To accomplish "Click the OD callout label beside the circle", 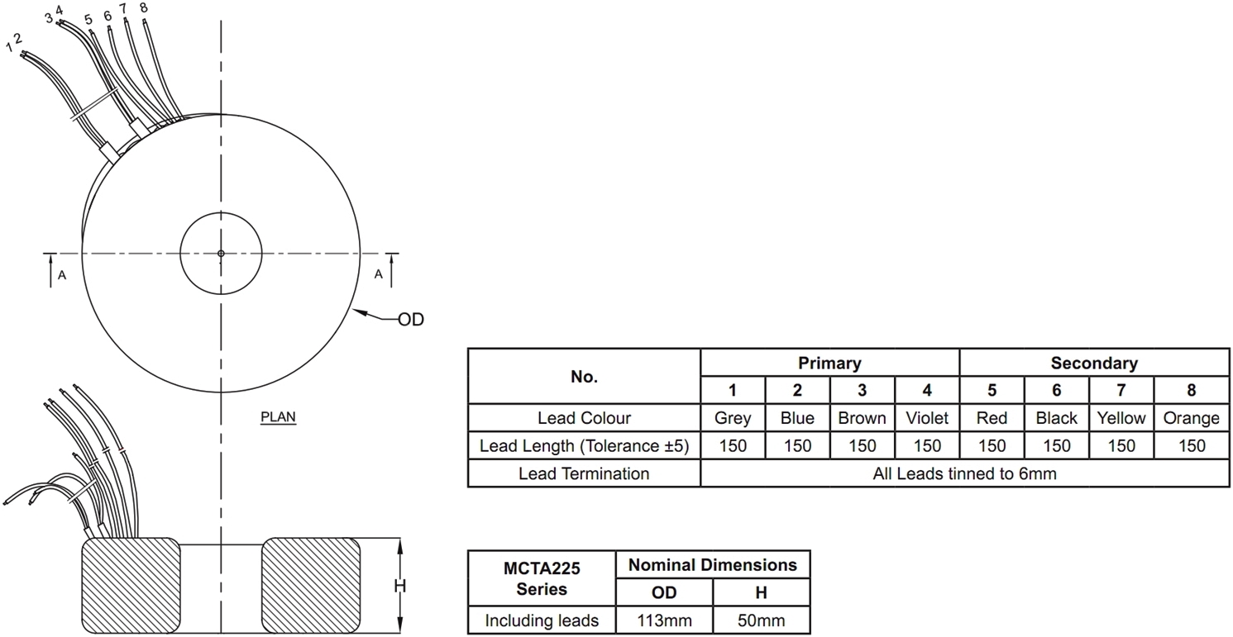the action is pyautogui.click(x=411, y=319).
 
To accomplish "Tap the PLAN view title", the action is pyautogui.click(x=278, y=417).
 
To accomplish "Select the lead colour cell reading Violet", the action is pyautogui.click(x=927, y=418).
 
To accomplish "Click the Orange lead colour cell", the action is pyautogui.click(x=1191, y=418).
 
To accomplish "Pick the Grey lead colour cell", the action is pyautogui.click(x=733, y=418).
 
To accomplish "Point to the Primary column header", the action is pyautogui.click(x=829, y=363).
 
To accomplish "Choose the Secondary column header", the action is pyautogui.click(x=1094, y=363).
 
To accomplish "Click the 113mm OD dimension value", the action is pyautogui.click(x=664, y=620).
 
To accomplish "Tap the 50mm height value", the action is pyautogui.click(x=762, y=620).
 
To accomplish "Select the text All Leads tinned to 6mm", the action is pyautogui.click(x=964, y=473).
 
